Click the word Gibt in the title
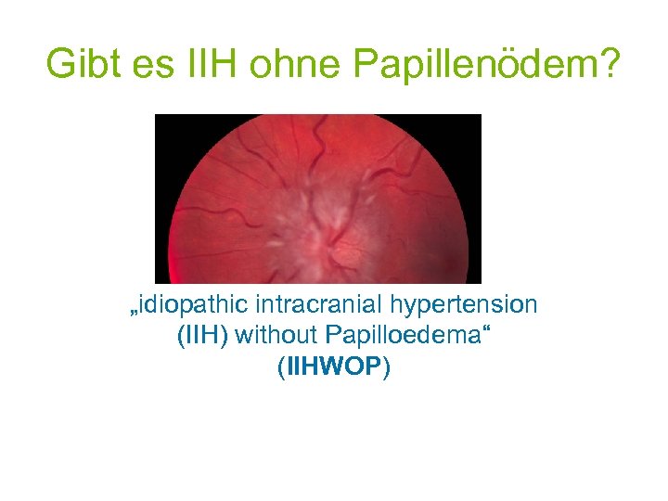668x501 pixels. click(82, 64)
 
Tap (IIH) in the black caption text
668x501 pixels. click(202, 335)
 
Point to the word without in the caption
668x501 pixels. click(276, 335)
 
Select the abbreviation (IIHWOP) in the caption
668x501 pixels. click(334, 366)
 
